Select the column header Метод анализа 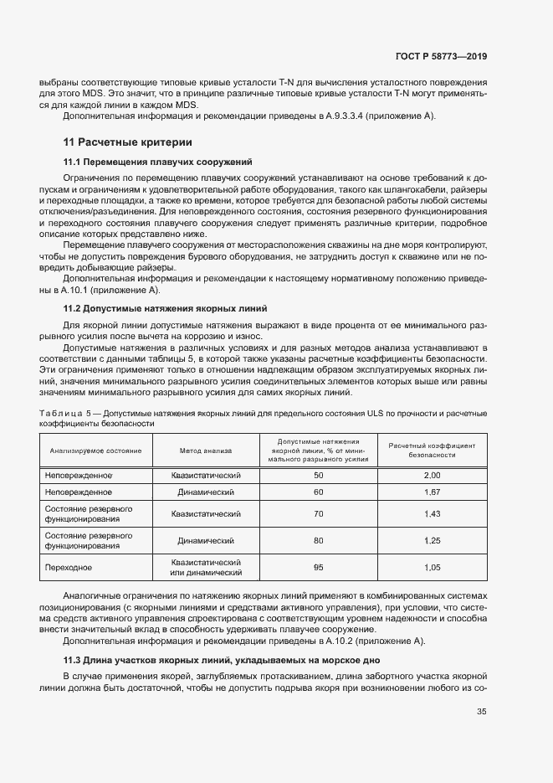click(206, 451)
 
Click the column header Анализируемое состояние click(95, 451)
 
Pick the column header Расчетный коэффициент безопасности click(432, 451)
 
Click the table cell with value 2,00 click(432, 475)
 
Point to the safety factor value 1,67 click(432, 492)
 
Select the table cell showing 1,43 click(432, 513)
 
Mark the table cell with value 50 click(318, 475)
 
